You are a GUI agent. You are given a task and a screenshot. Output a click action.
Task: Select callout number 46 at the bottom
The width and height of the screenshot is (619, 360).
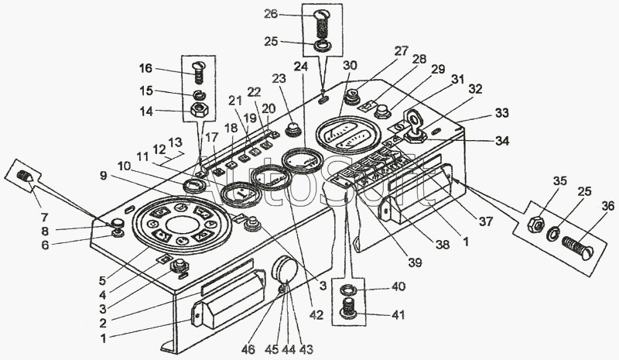click(249, 350)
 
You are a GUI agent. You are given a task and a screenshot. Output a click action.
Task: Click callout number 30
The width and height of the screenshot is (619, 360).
click(351, 64)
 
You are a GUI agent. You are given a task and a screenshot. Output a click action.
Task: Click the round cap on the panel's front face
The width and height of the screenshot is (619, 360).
click(285, 272)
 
